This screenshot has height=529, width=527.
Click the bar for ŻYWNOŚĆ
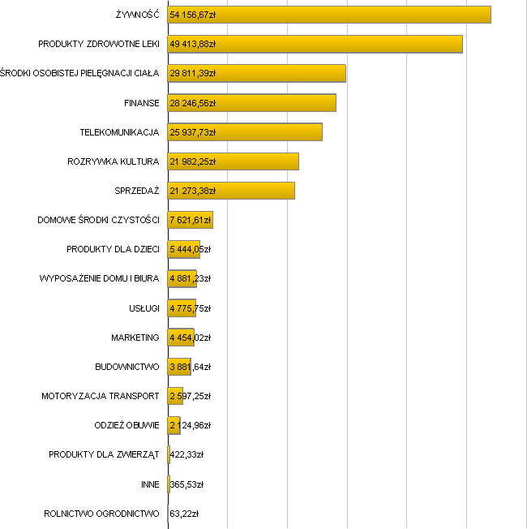[x=328, y=15]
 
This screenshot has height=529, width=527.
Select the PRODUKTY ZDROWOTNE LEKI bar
[x=315, y=44]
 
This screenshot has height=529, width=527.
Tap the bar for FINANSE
[x=251, y=103]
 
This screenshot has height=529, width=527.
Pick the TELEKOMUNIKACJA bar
[x=245, y=132]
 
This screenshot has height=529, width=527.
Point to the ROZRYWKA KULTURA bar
[x=233, y=161]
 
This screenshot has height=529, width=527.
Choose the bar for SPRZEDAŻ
[x=231, y=191]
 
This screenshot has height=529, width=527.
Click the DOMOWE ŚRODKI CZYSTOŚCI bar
[x=190, y=220]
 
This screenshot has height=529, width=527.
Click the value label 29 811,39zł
[x=192, y=74]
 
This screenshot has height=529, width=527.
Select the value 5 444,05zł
[x=190, y=249]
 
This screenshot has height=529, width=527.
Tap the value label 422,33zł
[x=186, y=455]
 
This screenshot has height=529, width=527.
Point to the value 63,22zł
[x=184, y=514]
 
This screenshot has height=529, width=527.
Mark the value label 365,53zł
[x=186, y=484]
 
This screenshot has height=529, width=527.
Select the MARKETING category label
[x=135, y=338]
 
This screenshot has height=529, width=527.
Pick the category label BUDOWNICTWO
[x=127, y=367]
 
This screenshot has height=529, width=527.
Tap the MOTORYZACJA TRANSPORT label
[x=101, y=396]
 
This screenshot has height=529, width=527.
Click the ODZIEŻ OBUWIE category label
[x=127, y=425]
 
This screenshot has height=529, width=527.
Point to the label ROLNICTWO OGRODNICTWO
[x=102, y=514]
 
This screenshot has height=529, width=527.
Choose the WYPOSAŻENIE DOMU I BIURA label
[x=100, y=279]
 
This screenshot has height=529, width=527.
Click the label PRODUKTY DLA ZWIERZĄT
[x=104, y=455]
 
